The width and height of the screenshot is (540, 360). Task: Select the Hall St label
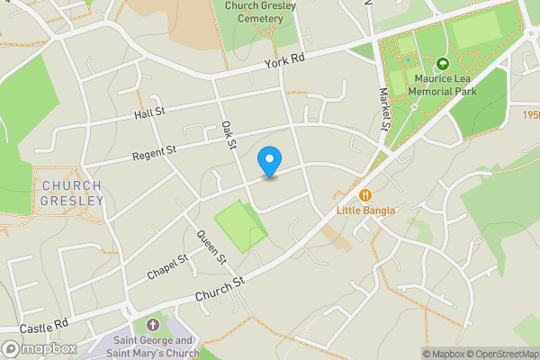149,112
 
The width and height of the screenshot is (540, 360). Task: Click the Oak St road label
229,133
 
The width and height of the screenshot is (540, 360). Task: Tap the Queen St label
211,247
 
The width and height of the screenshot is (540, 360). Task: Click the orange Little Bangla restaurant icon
365,194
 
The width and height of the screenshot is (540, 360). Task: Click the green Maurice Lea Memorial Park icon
442,65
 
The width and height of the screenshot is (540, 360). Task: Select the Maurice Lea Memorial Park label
442,85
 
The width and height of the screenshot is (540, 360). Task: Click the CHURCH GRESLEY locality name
72,193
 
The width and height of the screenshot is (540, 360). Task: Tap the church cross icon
152,325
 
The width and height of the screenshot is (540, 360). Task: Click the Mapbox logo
40,348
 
